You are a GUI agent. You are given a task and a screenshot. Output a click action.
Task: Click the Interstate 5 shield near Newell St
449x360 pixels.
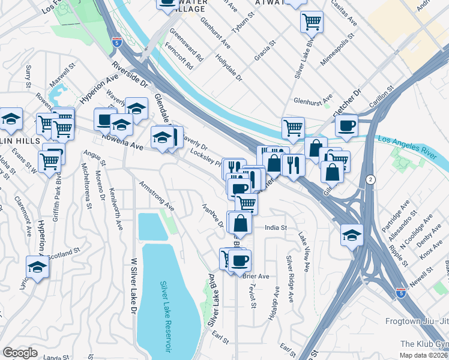401,293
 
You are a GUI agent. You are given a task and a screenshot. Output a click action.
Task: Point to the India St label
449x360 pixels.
277,228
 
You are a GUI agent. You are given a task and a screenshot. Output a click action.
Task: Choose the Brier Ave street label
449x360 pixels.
256,276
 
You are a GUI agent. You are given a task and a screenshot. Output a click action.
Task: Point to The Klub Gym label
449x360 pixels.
424,344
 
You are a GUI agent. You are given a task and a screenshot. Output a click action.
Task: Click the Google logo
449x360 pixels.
20,353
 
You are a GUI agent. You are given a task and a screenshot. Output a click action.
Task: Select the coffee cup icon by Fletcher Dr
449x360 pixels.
346,125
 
